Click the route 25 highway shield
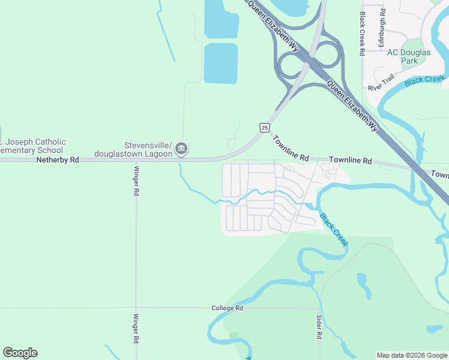[264, 127]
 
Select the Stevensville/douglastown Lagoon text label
[148, 149]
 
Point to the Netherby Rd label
[58, 160]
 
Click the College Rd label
[227, 308]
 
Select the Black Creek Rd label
[363, 34]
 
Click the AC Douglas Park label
[409, 56]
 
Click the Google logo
[20, 353]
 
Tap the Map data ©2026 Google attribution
[412, 355]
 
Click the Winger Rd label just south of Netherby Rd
[136, 181]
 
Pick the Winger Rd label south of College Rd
[136, 328]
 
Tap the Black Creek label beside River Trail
[425, 80]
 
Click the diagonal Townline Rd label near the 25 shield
[290, 148]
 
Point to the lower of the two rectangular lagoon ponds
[221, 62]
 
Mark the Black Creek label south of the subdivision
[333, 229]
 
